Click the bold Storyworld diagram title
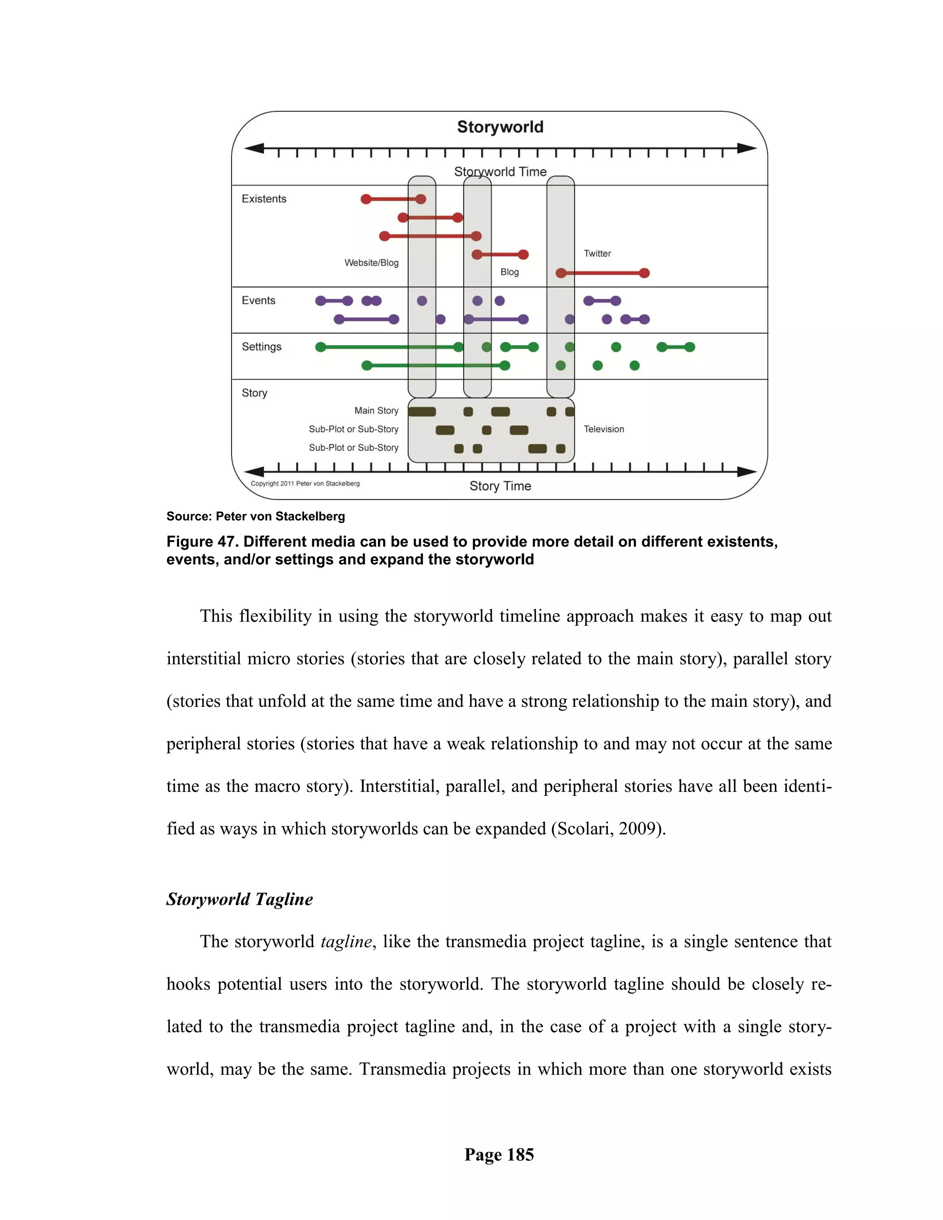500,127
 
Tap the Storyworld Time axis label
500,172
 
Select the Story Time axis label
500,486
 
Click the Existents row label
264,199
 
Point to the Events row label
258,301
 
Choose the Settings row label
262,347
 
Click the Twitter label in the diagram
597,254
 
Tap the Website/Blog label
372,262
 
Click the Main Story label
377,411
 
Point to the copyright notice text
305,484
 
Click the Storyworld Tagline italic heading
239,899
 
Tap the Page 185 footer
499,1155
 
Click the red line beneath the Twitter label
602,273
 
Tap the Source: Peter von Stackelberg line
255,516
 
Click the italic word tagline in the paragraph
346,941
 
